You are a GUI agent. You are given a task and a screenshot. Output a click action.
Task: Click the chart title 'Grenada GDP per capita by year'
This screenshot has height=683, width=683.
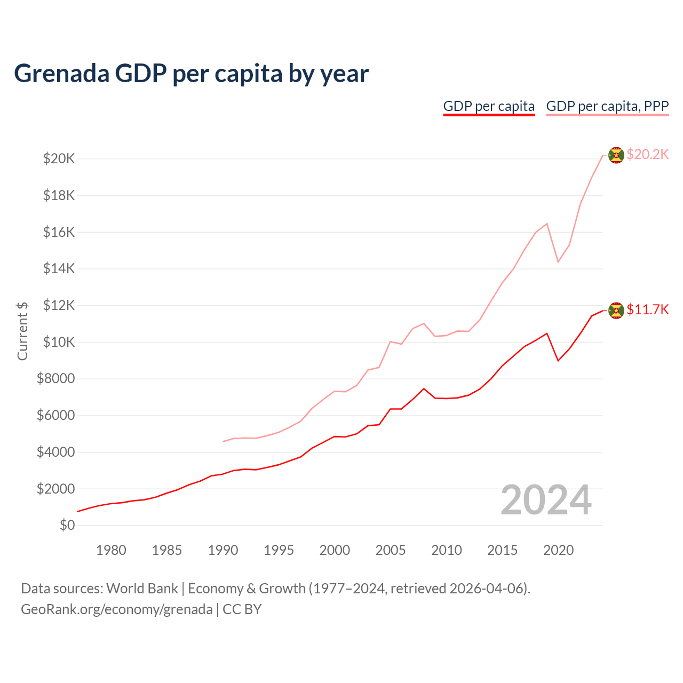click(191, 74)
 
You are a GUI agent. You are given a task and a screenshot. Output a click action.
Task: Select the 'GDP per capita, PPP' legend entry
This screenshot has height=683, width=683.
click(607, 106)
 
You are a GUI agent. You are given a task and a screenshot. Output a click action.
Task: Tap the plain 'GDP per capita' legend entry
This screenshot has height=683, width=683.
click(489, 106)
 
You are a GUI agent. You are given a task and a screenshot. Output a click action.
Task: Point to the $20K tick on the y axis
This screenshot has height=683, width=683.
click(59, 158)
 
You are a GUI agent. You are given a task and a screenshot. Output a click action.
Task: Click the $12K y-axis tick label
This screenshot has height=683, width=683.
click(59, 305)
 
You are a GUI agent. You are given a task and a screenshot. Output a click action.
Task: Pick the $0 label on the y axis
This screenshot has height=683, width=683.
click(67, 525)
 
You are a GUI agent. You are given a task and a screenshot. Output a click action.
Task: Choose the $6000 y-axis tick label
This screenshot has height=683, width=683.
click(55, 415)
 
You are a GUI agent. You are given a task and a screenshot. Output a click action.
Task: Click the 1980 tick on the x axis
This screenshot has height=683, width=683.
click(111, 550)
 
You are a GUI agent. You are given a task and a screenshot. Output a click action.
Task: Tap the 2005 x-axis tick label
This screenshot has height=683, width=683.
click(391, 550)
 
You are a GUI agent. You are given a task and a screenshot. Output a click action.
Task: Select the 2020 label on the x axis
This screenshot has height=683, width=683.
click(558, 550)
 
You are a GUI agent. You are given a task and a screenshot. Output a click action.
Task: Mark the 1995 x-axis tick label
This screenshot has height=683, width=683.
click(279, 550)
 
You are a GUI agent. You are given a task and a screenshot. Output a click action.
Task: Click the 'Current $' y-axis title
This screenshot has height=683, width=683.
click(22, 331)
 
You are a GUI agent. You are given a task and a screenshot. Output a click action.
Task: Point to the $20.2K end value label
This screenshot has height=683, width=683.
click(647, 154)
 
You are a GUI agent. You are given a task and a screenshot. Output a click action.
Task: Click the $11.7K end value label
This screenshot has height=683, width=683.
click(647, 309)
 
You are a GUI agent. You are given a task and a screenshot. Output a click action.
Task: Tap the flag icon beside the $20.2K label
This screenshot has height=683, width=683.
click(616, 155)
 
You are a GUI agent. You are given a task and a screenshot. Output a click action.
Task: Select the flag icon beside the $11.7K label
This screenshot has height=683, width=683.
click(616, 310)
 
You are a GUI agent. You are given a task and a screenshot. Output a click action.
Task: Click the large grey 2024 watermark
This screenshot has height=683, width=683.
click(546, 501)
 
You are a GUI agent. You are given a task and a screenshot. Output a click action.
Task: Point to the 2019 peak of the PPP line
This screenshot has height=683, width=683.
click(547, 224)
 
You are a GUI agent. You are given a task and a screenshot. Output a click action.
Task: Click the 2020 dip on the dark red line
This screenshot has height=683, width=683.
click(558, 361)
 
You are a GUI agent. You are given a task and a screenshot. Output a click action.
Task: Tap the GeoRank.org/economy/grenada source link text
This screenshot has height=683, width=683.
click(116, 609)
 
